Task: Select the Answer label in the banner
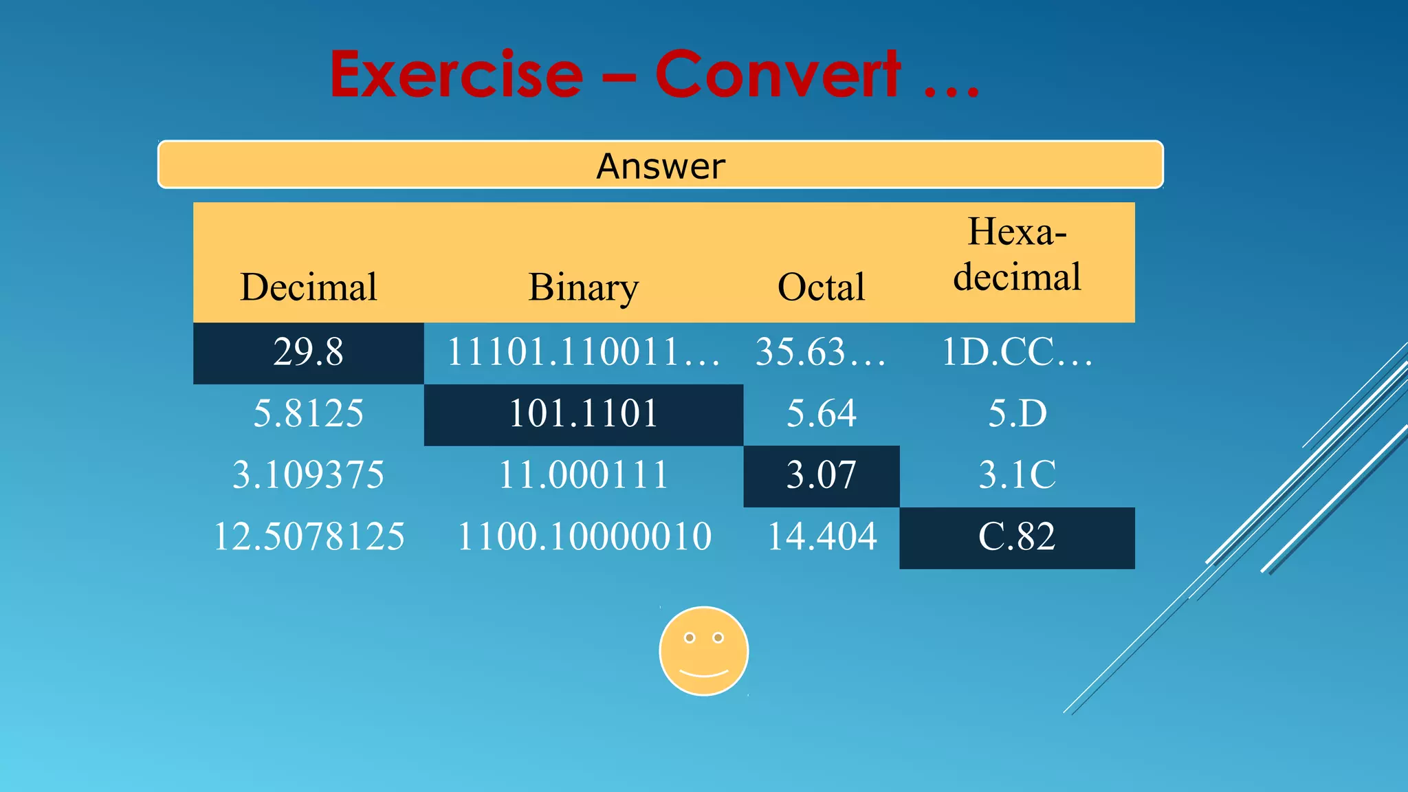(660, 166)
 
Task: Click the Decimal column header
(309, 287)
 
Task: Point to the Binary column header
(583, 287)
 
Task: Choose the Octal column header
(821, 287)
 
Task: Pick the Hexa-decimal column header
(1017, 254)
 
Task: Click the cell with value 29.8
(308, 352)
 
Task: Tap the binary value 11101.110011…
(583, 352)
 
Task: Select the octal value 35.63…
(821, 352)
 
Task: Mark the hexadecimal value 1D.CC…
(1017, 352)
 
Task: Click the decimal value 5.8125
(308, 414)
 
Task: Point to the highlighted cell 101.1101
(583, 414)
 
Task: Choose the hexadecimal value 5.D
(1017, 414)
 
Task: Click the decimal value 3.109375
(308, 475)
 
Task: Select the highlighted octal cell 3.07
(821, 475)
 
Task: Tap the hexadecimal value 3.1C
(1017, 475)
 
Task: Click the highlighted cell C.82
(1017, 537)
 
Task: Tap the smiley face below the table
(703, 651)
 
